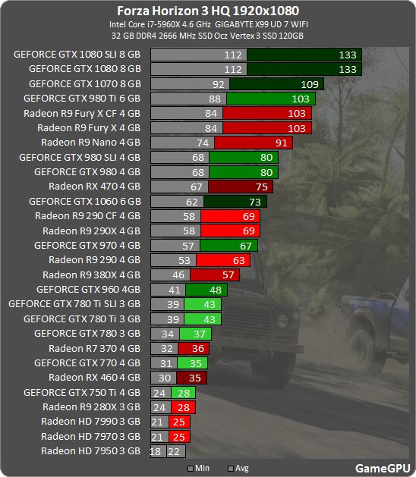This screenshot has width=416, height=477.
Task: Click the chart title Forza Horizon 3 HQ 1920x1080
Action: click(x=208, y=11)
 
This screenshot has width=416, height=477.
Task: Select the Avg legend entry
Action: click(x=240, y=469)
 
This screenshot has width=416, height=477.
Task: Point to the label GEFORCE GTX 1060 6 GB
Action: click(x=84, y=202)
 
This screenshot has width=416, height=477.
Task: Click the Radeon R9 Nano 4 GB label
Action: click(x=90, y=143)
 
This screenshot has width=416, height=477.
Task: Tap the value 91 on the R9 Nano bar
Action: click(x=281, y=143)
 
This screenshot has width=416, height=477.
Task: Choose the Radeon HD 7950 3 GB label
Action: click(x=90, y=451)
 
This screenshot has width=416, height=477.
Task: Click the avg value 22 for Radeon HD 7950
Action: click(x=175, y=451)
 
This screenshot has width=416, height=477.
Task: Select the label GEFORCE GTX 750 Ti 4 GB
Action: click(x=82, y=392)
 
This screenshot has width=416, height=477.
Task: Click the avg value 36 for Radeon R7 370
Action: click(x=197, y=348)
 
